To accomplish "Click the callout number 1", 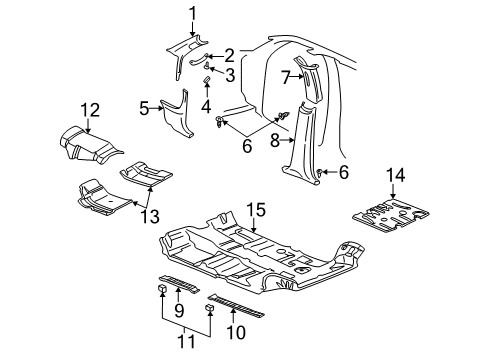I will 193,14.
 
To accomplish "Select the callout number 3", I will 229,74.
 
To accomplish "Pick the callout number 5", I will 146,108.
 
